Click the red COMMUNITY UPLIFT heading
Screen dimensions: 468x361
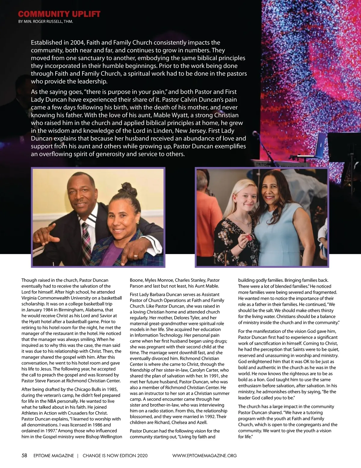[59, 14]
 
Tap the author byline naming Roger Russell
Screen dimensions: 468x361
[45, 22]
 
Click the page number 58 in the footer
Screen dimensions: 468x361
[24, 455]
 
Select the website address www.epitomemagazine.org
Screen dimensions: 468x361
[205, 456]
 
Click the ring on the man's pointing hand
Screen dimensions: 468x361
[136, 256]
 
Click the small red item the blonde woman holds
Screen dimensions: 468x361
[248, 238]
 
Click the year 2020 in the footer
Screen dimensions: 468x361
[142, 456]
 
